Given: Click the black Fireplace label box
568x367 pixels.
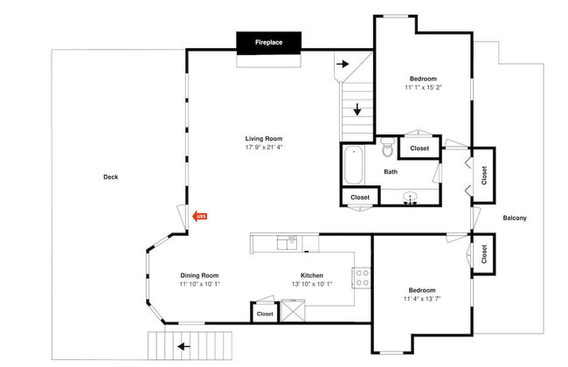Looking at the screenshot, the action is [269, 43].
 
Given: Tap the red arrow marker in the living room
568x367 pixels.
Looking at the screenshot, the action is [199, 217].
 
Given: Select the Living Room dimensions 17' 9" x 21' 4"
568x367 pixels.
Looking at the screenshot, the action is [264, 148].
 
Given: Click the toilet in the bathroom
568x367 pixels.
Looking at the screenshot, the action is [388, 147].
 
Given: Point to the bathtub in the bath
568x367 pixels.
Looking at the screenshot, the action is [353, 165].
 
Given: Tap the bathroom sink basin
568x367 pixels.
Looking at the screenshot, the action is [410, 197].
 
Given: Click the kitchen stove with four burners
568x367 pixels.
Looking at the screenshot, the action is [362, 278].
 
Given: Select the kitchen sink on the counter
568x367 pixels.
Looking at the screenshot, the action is [287, 243].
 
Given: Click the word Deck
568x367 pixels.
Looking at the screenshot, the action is [111, 177].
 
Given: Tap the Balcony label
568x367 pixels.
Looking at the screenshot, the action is [515, 218].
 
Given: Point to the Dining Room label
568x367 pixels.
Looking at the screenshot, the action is [199, 275].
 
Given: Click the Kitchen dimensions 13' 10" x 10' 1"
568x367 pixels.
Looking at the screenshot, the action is [312, 284].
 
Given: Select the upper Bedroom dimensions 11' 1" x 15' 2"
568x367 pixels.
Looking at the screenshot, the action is [423, 87].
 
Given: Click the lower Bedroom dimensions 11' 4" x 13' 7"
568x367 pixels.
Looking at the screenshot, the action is [422, 299].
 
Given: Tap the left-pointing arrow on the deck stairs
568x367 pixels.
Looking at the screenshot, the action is [184, 347].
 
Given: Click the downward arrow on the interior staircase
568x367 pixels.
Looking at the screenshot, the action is [357, 109].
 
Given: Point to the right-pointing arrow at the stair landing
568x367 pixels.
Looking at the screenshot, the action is [343, 64].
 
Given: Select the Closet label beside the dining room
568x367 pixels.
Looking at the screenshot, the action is [265, 314].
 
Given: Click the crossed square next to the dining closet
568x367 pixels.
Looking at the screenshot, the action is [293, 311].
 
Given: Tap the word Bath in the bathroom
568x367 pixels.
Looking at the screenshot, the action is [391, 172].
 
